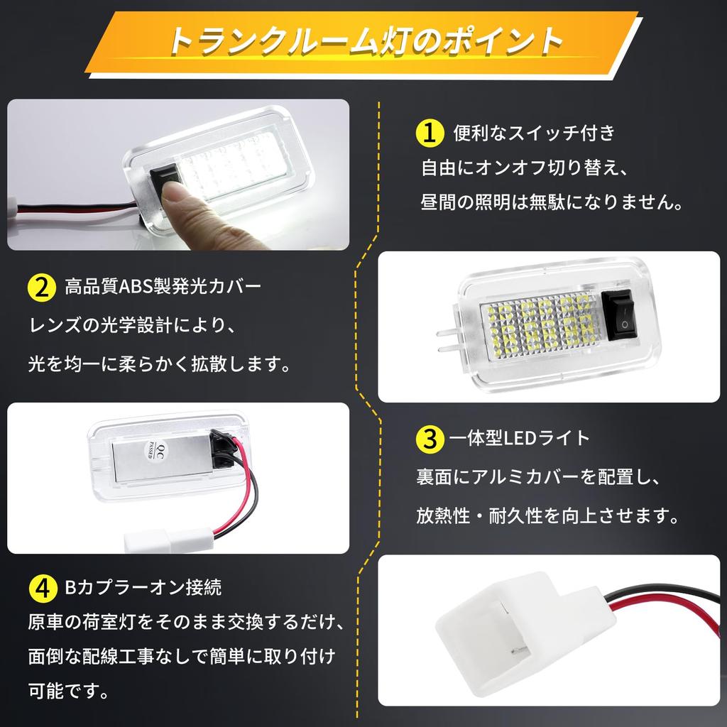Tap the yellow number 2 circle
pos(41,288)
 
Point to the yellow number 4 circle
pos(41,588)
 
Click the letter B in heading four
pos(70,588)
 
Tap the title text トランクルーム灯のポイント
pos(364,42)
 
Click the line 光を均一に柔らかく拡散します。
pos(159,365)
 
